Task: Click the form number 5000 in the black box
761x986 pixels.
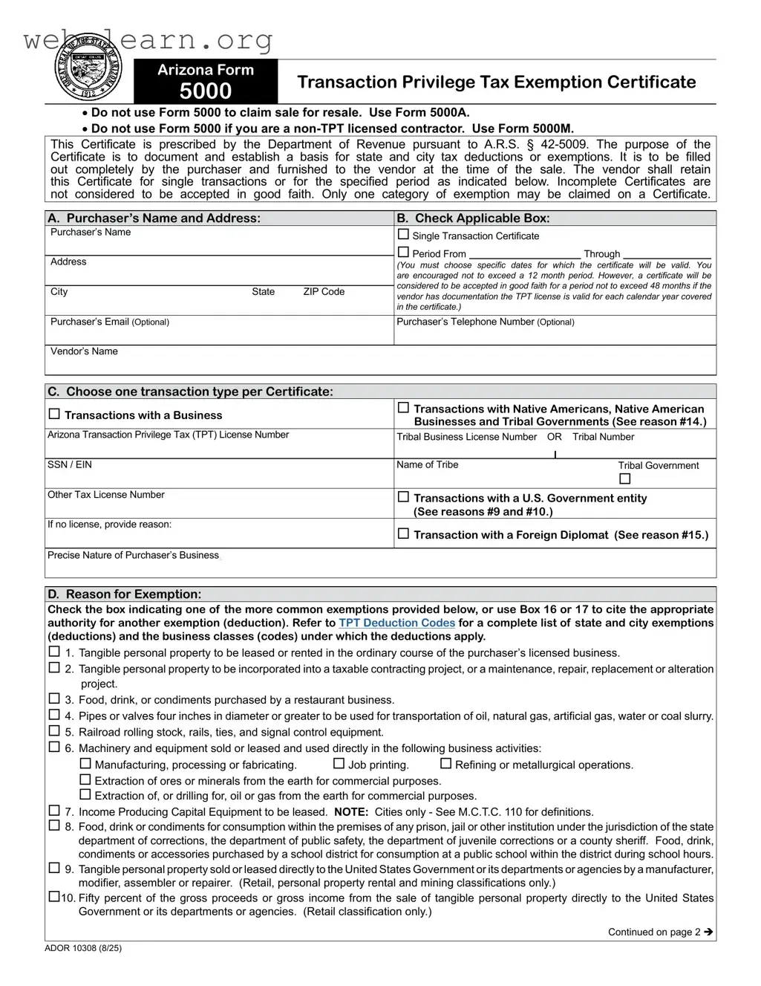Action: [x=206, y=91]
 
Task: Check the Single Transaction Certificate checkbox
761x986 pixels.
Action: [x=404, y=235]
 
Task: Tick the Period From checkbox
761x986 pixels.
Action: [x=404, y=253]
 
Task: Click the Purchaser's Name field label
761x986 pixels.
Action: [x=91, y=233]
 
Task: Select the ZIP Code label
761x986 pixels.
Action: [x=324, y=292]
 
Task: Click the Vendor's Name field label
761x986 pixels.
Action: [x=84, y=351]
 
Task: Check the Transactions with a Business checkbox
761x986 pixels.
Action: [x=54, y=415]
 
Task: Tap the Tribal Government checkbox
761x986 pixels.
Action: [x=624, y=479]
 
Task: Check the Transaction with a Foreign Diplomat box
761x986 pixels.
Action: [x=404, y=533]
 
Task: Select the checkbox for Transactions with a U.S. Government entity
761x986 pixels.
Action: [x=404, y=497]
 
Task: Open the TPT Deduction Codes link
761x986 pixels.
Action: [x=396, y=623]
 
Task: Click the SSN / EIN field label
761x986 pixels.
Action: [x=70, y=465]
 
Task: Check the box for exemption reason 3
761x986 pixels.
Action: [x=54, y=699]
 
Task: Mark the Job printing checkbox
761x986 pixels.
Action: [x=339, y=764]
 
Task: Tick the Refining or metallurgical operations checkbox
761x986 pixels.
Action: [x=445, y=764]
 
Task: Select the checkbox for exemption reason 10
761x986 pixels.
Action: [x=54, y=897]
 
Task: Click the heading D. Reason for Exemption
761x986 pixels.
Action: [x=124, y=594]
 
